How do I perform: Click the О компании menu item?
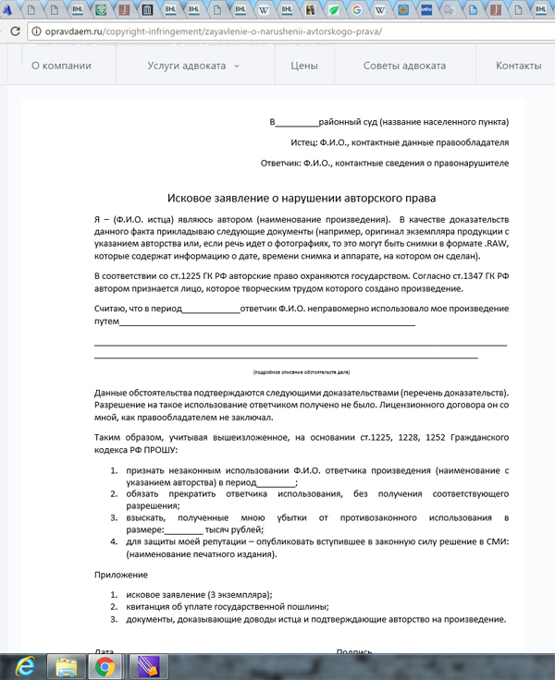61,67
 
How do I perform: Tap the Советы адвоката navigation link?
404,67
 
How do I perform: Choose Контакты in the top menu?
518,67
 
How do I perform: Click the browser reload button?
13,31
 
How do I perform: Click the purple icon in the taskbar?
146,665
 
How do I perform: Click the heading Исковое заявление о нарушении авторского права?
302,198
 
